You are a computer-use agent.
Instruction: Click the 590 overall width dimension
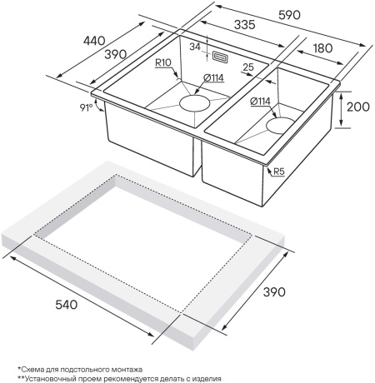[x=289, y=15]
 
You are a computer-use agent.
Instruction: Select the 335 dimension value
[x=245, y=25]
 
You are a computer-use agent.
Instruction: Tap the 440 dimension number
[x=94, y=41]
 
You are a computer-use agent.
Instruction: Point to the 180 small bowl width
[x=323, y=48]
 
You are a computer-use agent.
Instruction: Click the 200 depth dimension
[x=358, y=107]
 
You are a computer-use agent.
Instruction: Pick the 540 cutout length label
[x=67, y=305]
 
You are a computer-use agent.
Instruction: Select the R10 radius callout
[x=163, y=62]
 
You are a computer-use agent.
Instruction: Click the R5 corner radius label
[x=279, y=172]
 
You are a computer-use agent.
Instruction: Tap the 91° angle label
[x=86, y=107]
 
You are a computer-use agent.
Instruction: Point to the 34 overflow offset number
[x=195, y=47]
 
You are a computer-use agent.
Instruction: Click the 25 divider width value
[x=248, y=67]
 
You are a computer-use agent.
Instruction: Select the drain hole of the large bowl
[x=194, y=103]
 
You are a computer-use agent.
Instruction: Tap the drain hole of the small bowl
[x=280, y=124]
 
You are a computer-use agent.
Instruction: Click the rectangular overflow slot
[x=220, y=57]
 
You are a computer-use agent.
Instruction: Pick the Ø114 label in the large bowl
[x=213, y=78]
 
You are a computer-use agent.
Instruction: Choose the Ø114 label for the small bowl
[x=260, y=102]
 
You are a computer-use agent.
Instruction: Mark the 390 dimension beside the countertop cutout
[x=274, y=292]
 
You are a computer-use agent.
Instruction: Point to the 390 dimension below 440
[x=116, y=54]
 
